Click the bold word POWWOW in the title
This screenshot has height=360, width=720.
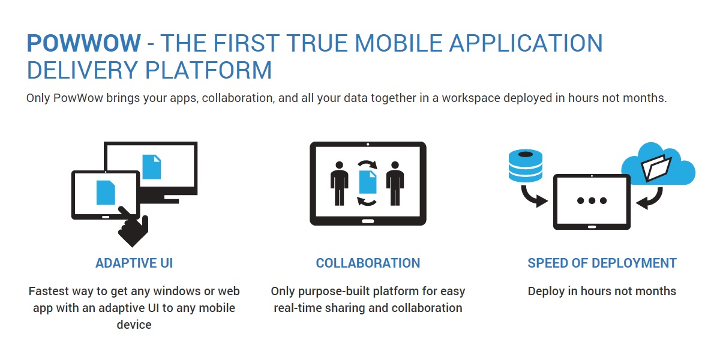pyautogui.click(x=83, y=43)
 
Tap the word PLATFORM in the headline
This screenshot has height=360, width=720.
pyautogui.click(x=208, y=70)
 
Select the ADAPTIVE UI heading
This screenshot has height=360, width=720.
pyautogui.click(x=134, y=263)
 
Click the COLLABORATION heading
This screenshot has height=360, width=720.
pyautogui.click(x=368, y=263)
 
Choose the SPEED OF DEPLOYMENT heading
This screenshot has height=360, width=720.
pyautogui.click(x=602, y=263)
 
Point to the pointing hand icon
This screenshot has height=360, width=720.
pyautogui.click(x=133, y=228)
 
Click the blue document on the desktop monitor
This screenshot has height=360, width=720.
pyautogui.click(x=151, y=167)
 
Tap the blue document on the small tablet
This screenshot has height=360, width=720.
pyautogui.click(x=106, y=193)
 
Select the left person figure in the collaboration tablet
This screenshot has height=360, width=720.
pyautogui.click(x=339, y=184)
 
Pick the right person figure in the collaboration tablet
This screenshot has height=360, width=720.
pyautogui.click(x=395, y=184)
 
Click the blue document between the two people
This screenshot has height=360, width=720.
pyautogui.click(x=367, y=182)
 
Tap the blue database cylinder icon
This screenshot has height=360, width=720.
pyautogui.click(x=526, y=165)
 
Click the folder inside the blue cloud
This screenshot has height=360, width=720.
pyautogui.click(x=656, y=168)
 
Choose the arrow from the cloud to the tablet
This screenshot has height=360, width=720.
pyautogui.click(x=653, y=200)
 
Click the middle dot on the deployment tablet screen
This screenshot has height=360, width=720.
pyautogui.click(x=592, y=200)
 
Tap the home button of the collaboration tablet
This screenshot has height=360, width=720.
pyautogui.click(x=368, y=221)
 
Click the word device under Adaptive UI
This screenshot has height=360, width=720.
pyautogui.click(x=134, y=325)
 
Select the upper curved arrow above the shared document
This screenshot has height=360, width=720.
pyautogui.click(x=368, y=163)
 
